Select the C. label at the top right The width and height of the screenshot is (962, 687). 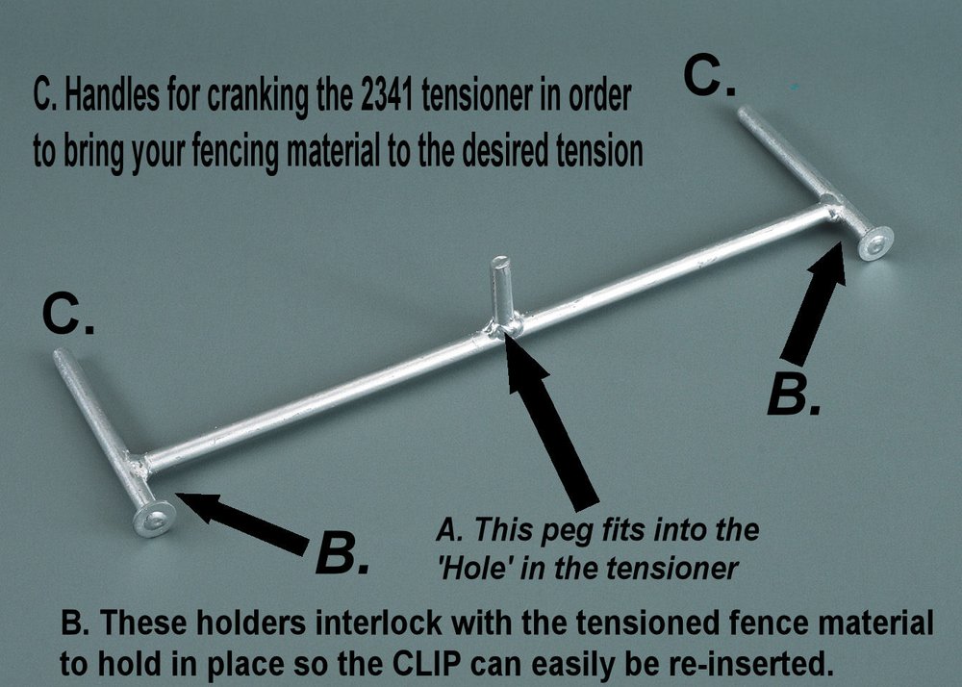[712, 77]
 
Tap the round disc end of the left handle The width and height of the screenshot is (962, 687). [154, 520]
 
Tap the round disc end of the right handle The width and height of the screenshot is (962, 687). [874, 244]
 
